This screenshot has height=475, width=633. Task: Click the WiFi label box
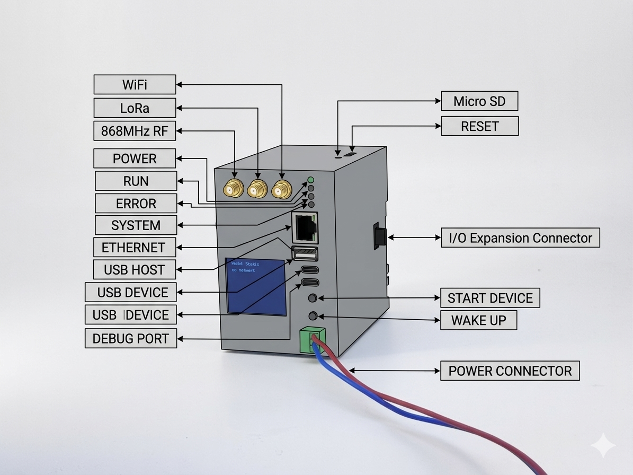click(x=135, y=85)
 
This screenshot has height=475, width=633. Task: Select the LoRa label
click(x=135, y=108)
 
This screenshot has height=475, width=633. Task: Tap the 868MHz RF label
click(x=135, y=131)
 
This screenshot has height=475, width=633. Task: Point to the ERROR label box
click(x=136, y=204)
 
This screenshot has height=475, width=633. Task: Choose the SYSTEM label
click(x=136, y=225)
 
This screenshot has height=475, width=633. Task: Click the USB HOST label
click(x=134, y=269)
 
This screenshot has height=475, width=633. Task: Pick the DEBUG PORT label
click(x=131, y=339)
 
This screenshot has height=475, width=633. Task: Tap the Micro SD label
click(x=479, y=101)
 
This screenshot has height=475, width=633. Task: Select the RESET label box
click(x=479, y=126)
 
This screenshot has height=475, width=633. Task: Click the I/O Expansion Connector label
click(x=520, y=238)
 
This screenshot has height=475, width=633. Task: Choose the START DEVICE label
click(x=490, y=298)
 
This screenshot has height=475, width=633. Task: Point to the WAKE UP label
click(x=478, y=320)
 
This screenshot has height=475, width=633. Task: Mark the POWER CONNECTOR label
click(x=510, y=371)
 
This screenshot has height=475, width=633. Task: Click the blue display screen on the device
click(x=256, y=286)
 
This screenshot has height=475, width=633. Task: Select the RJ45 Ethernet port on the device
click(x=305, y=227)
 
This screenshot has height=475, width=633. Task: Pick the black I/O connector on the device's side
click(x=379, y=236)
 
